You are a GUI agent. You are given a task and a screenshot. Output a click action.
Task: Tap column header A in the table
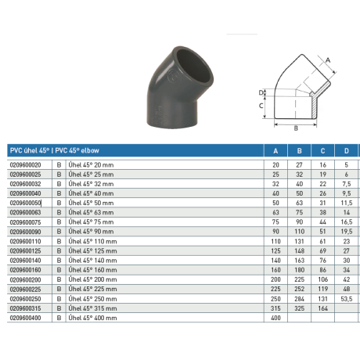(x=275, y=151)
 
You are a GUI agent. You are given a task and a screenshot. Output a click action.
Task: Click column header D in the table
(x=344, y=151)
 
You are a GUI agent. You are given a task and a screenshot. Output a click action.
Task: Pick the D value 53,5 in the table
(x=344, y=297)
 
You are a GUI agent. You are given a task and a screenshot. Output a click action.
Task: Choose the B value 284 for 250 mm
(x=298, y=297)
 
